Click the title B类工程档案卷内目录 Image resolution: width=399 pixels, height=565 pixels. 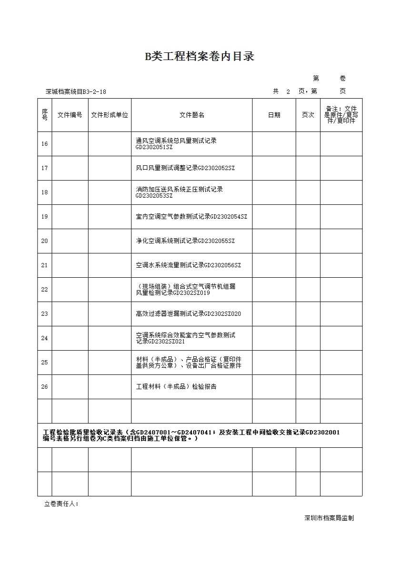click(x=199, y=57)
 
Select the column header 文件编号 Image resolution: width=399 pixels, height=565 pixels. click(x=70, y=115)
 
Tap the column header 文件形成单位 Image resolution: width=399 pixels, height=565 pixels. click(x=110, y=115)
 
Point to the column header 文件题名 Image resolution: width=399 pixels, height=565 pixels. click(x=191, y=115)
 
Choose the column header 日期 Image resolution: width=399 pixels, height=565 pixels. click(x=274, y=115)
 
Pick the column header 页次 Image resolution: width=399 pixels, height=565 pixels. click(x=308, y=115)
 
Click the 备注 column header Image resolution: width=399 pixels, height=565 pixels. click(x=341, y=115)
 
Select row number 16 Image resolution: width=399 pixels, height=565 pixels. click(x=45, y=144)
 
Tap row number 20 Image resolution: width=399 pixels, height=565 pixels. click(x=45, y=241)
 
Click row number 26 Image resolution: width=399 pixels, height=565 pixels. click(x=45, y=387)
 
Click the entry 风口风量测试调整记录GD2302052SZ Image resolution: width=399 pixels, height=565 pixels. click(x=185, y=168)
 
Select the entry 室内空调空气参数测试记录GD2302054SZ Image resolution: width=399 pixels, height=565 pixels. click(x=191, y=217)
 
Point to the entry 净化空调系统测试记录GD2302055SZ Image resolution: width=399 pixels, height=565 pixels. click(x=185, y=241)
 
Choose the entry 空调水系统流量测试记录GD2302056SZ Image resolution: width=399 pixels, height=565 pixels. click(x=188, y=265)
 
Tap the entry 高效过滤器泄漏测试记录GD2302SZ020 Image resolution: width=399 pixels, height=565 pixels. click(x=188, y=314)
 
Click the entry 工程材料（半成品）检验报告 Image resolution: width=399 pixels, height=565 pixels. click(x=176, y=387)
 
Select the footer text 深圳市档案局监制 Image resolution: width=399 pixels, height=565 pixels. click(x=329, y=518)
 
